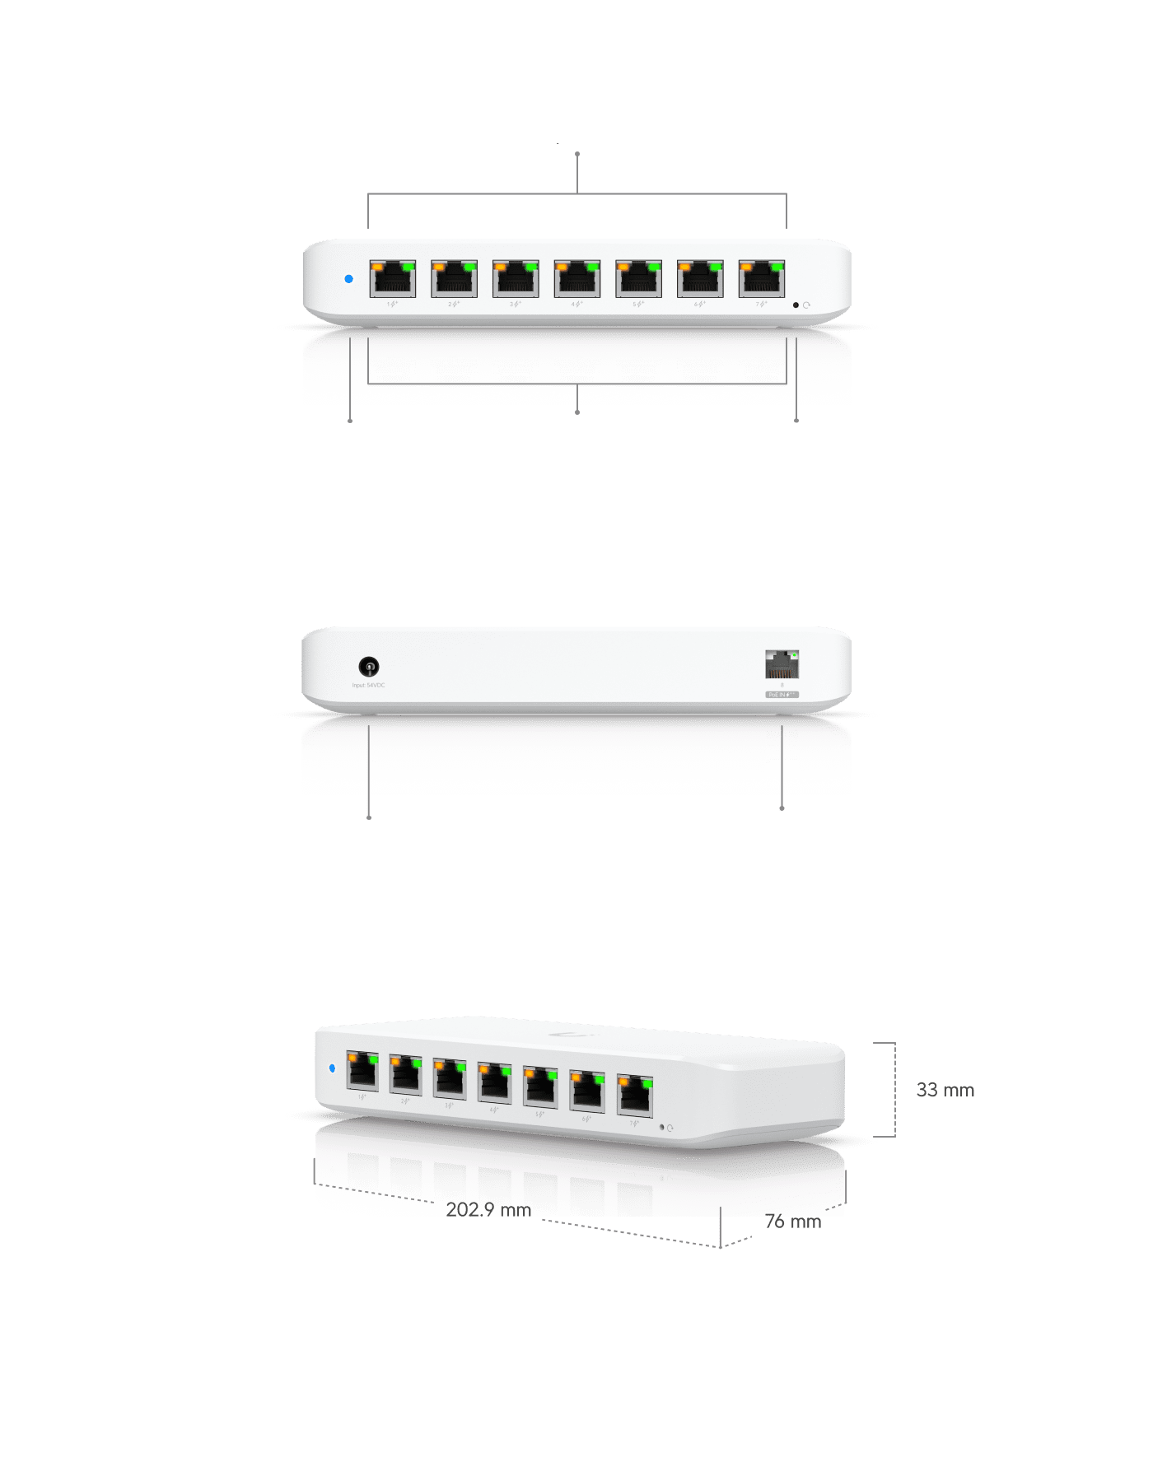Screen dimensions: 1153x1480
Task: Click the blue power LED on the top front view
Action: click(348, 279)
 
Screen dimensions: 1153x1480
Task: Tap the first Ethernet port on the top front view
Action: click(393, 279)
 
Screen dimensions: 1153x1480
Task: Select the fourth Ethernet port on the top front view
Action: click(577, 279)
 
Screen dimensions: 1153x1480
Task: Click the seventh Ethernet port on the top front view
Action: click(762, 279)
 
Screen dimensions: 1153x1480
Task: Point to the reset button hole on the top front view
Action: click(796, 305)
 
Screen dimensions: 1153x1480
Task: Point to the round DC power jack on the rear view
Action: click(369, 666)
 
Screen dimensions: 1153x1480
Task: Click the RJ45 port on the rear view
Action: click(782, 663)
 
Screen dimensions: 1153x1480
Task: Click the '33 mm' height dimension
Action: click(945, 1091)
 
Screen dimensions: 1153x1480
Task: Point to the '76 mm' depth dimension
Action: click(793, 1222)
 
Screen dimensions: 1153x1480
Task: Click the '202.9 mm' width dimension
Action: click(488, 1210)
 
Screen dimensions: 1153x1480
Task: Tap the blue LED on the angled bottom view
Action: click(332, 1068)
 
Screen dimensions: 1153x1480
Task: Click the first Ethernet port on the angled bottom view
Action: click(362, 1071)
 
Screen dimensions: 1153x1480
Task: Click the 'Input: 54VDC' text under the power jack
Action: click(369, 686)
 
